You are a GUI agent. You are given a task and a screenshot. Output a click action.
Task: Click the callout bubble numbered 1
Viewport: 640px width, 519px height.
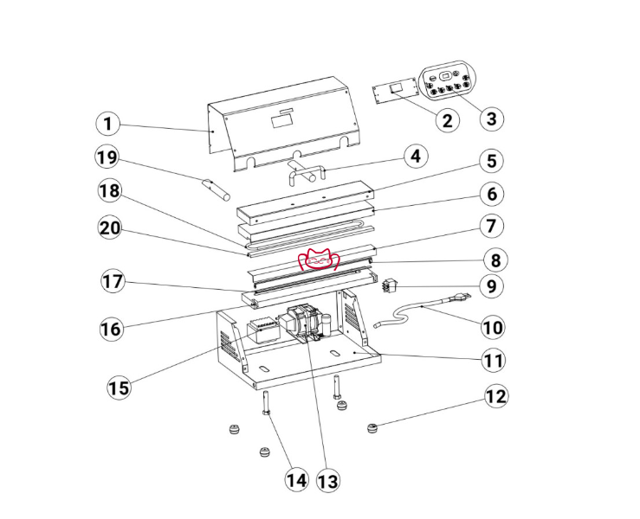tap(107, 124)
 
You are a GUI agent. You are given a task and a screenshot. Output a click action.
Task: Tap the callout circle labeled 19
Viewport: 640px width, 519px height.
tap(107, 157)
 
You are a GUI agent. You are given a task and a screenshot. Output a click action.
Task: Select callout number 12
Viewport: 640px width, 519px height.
tap(496, 396)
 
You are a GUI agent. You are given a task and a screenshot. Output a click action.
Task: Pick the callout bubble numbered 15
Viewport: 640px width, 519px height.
tap(120, 388)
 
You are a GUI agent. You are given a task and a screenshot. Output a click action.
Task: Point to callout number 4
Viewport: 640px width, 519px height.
tap(416, 157)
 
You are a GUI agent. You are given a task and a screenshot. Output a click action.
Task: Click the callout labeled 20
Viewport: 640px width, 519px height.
tap(110, 227)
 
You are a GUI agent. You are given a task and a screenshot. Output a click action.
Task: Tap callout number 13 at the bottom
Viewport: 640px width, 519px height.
tap(328, 481)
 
